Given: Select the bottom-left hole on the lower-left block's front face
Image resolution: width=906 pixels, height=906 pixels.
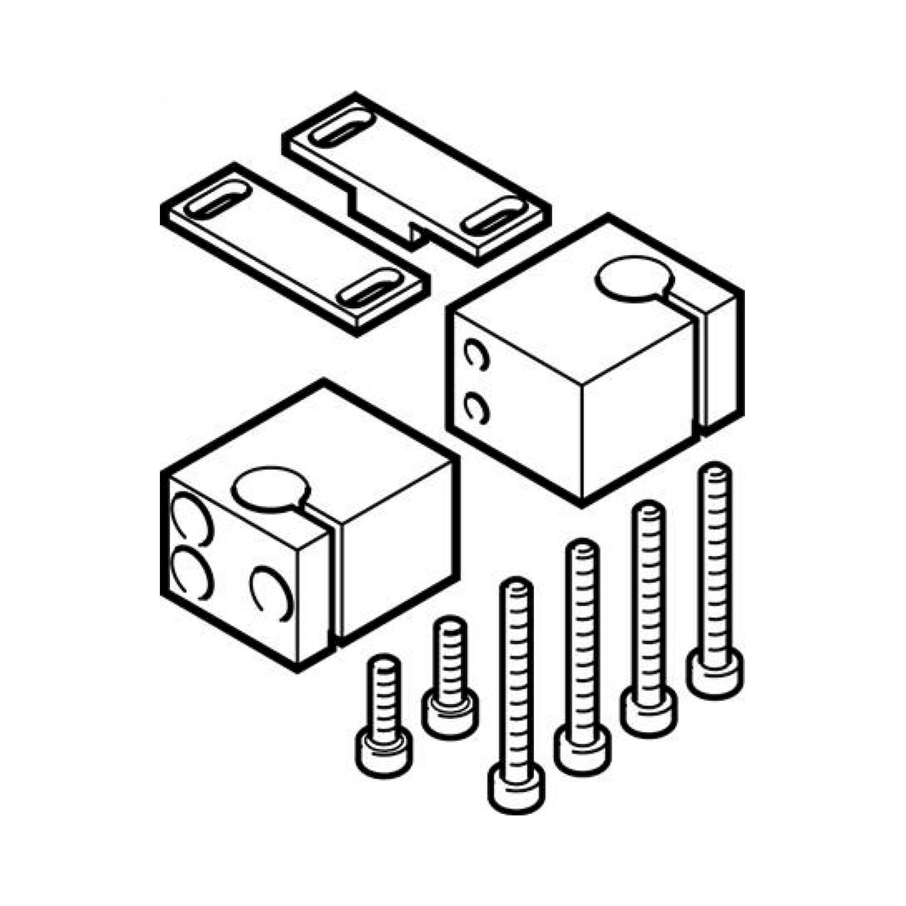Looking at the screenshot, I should pos(189,573).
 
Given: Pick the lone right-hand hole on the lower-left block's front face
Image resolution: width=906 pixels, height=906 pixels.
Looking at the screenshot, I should pos(268,592).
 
